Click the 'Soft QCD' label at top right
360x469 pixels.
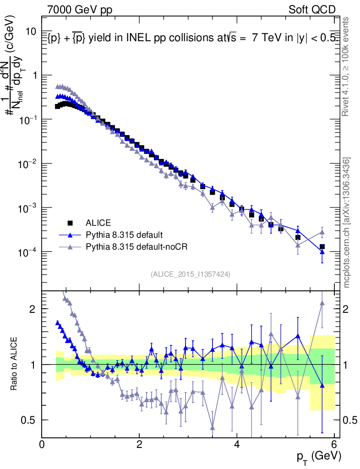pos(311,10)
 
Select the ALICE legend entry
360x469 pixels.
pos(98,223)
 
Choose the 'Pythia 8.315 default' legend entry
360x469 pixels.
pos(124,235)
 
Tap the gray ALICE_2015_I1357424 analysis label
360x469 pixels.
pos(190,274)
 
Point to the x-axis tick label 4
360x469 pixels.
pos(237,445)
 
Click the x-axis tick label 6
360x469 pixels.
pos(334,445)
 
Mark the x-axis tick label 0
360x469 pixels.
pos(42,445)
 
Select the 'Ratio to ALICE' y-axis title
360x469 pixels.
pos(15,364)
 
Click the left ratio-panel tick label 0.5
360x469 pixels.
pos(30,420)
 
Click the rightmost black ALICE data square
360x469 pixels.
pos(322,246)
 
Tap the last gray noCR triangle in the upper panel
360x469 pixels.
pos(322,232)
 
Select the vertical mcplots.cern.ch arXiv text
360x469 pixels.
pos(347,222)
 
